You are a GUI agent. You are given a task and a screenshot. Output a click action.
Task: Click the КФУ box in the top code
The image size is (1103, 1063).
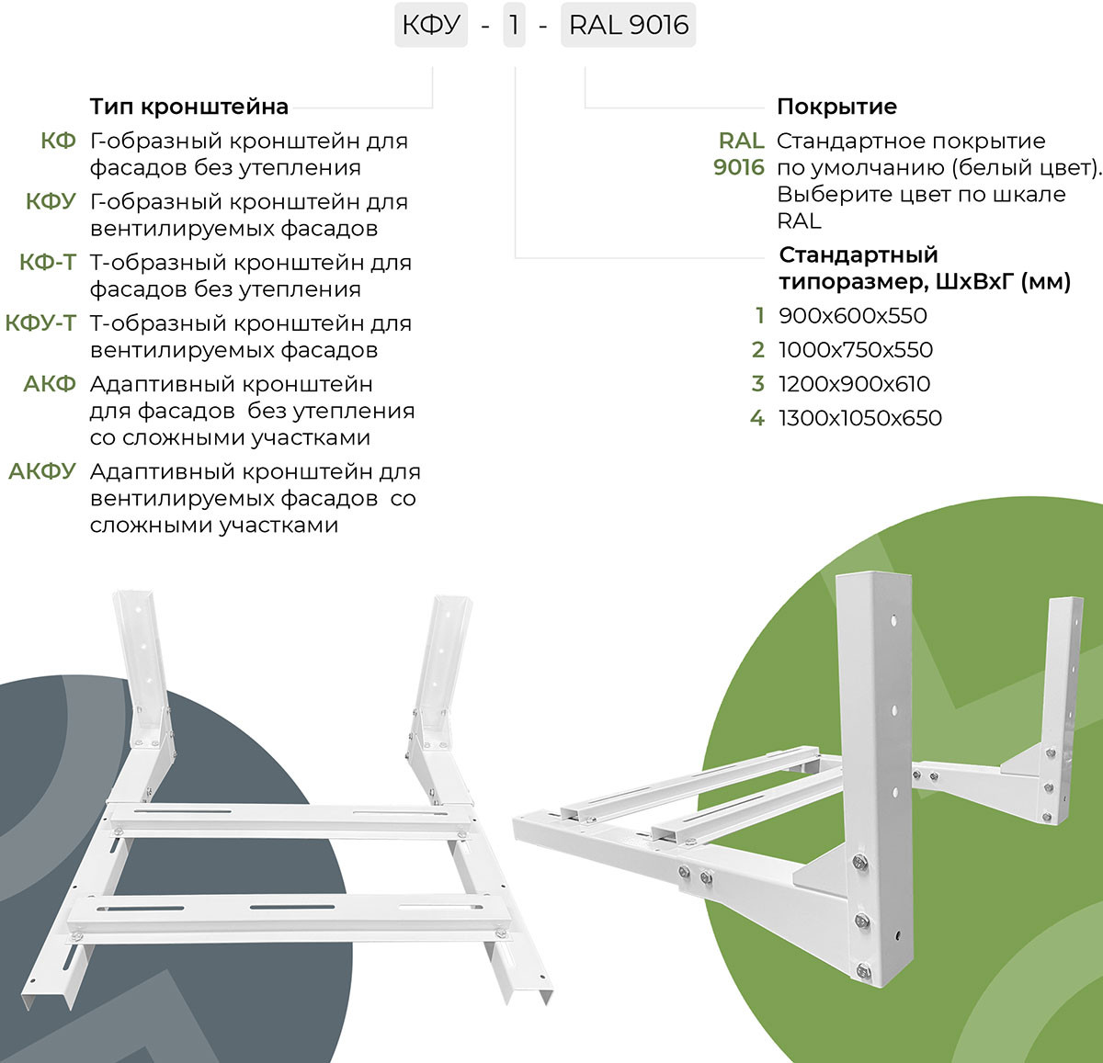click(x=431, y=26)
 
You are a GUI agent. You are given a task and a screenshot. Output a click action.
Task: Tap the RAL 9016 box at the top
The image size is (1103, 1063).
click(x=628, y=26)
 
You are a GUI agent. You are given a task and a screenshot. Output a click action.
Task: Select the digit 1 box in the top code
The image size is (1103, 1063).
click(x=514, y=26)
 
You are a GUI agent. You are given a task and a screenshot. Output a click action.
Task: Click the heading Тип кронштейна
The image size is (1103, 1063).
click(x=189, y=107)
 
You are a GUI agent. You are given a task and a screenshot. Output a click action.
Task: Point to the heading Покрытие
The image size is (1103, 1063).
click(x=836, y=107)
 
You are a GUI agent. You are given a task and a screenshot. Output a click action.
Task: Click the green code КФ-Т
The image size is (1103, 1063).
click(x=48, y=263)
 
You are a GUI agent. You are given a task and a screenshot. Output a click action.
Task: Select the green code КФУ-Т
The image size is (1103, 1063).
click(x=40, y=323)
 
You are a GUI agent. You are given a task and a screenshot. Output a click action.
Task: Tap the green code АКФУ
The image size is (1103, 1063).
click(x=42, y=471)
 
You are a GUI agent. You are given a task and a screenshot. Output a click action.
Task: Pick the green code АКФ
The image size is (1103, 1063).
click(x=50, y=384)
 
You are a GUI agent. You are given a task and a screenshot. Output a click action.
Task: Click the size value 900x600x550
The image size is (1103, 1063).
click(x=853, y=316)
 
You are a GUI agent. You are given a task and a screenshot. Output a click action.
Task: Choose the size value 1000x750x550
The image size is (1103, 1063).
click(x=856, y=350)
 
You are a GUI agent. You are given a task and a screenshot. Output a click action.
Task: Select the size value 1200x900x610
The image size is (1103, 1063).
click(x=855, y=384)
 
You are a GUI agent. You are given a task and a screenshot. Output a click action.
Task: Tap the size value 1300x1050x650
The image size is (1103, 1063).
click(x=860, y=418)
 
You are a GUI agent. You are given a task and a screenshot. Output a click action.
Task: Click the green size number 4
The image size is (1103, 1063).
click(x=757, y=418)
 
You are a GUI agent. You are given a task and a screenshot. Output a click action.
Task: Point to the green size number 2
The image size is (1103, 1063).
click(x=757, y=350)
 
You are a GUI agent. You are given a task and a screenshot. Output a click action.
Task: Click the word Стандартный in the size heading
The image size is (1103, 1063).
click(x=859, y=255)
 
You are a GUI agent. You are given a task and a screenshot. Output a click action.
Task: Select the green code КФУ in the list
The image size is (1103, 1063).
click(x=51, y=202)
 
